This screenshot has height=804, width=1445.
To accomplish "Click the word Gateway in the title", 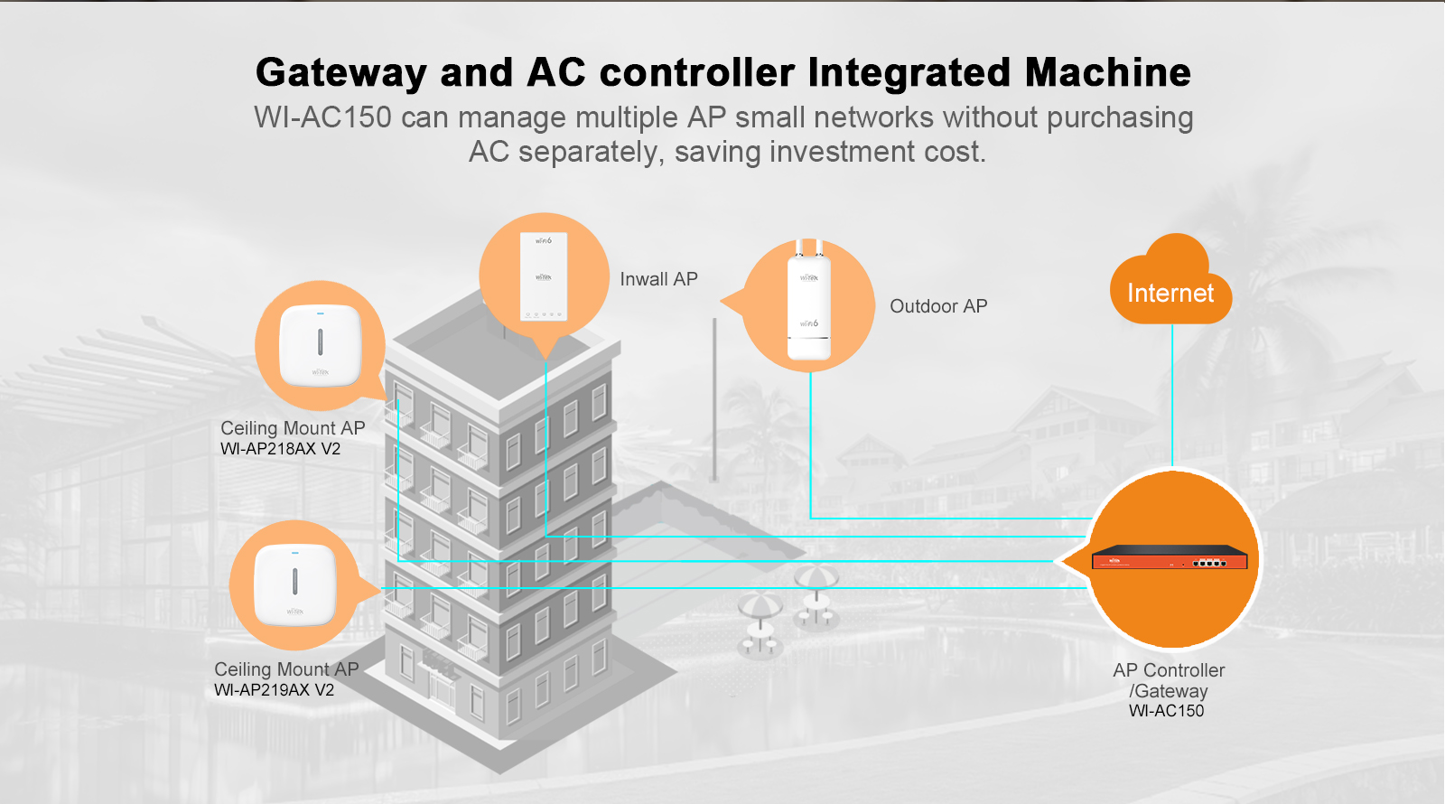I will point(340,72).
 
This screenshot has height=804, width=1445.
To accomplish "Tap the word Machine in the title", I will point(1107,72).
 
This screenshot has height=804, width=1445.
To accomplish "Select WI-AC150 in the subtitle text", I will point(322,117).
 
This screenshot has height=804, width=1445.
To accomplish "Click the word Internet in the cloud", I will point(1170,293).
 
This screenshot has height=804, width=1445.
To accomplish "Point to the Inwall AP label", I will point(658,279).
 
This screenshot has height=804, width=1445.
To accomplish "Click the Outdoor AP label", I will point(938,306).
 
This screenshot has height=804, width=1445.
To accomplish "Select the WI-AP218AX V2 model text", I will point(280,449).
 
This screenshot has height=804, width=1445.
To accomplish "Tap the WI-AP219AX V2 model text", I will point(274,690).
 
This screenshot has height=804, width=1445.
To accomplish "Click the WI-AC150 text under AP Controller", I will point(1166,711).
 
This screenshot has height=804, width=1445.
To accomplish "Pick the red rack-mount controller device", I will point(1170,558).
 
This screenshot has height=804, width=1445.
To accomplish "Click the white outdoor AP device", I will point(809,307).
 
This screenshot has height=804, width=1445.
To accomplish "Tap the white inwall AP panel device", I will point(543,276).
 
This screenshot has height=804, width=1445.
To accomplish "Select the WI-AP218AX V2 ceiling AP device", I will point(320,345).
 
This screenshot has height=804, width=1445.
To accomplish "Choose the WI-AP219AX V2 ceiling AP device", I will point(294,584).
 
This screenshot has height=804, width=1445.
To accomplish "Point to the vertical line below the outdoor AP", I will point(810,443).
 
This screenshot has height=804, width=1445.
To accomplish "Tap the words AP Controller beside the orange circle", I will point(1169,670).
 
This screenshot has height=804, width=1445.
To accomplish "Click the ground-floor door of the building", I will point(442,687).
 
